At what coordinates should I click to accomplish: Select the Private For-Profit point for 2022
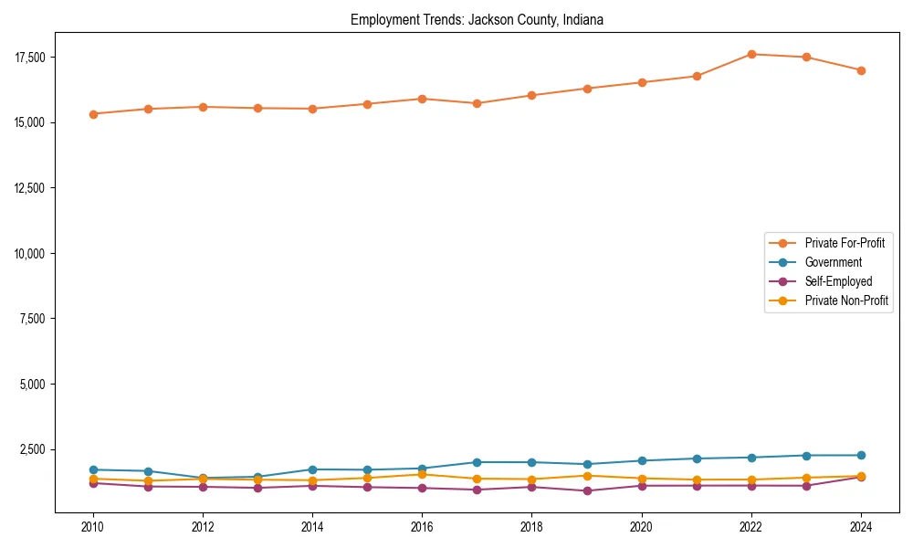(751, 54)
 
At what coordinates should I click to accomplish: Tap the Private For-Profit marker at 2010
(93, 114)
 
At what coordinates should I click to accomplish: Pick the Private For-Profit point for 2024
(861, 70)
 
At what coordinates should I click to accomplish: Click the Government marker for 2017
(477, 462)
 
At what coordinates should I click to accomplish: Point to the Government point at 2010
(93, 469)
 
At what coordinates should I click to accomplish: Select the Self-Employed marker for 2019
(587, 490)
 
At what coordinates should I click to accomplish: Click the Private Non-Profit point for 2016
(422, 474)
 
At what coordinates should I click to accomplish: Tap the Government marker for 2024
(861, 455)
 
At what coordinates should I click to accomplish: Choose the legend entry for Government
(833, 262)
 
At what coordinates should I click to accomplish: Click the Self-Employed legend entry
(838, 281)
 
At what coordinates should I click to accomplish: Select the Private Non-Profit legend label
(846, 300)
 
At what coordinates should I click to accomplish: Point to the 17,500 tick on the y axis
(31, 58)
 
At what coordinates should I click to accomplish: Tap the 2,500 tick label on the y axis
(34, 449)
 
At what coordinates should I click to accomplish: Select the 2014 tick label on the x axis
(312, 527)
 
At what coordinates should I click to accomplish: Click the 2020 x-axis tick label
(642, 527)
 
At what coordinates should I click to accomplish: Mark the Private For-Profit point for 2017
(477, 103)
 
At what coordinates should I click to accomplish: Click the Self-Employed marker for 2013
(257, 488)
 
